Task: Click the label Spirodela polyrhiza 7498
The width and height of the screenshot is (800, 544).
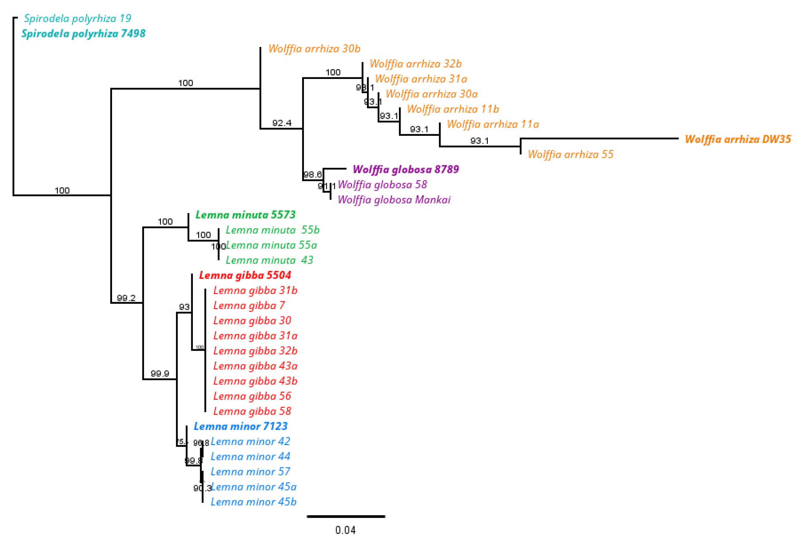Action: pos(83,33)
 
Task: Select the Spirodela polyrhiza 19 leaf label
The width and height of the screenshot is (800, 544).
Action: pos(78,18)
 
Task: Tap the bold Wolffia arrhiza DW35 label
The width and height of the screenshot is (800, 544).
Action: pos(738,139)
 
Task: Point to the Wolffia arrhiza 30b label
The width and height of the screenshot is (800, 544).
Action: pos(314,49)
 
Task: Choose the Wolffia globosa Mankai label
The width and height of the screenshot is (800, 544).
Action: pos(394,200)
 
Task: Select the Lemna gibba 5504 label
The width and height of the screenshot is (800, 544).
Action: pos(245,275)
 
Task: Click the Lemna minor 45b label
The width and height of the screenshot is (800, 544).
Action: pos(253,502)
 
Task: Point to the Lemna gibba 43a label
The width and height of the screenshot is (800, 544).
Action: pos(255,366)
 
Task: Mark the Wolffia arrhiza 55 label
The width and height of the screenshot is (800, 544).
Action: pos(570,154)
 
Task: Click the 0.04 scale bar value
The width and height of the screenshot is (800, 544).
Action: pos(345,530)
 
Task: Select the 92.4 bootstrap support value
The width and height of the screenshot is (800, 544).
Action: pos(282,123)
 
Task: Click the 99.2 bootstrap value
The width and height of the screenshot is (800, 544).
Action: pos(126,298)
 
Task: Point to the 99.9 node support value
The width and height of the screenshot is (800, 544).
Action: pos(160,373)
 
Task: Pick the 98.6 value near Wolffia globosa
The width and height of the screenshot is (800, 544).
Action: pos(312,175)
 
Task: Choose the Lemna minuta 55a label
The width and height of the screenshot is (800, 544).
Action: pos(271,245)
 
